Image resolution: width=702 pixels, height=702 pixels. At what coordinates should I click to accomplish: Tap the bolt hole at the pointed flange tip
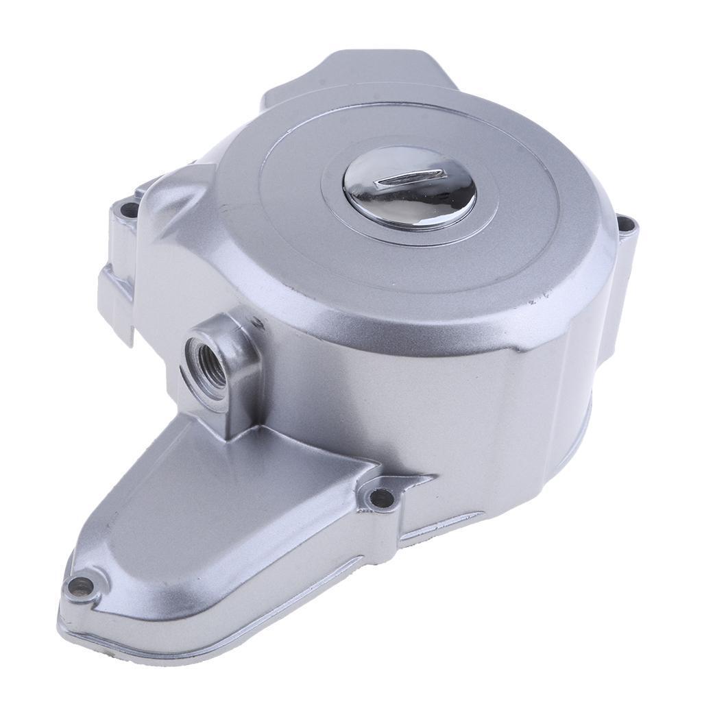click(80, 586)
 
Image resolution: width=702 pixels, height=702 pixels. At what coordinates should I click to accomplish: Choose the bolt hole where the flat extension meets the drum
click(380, 497)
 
